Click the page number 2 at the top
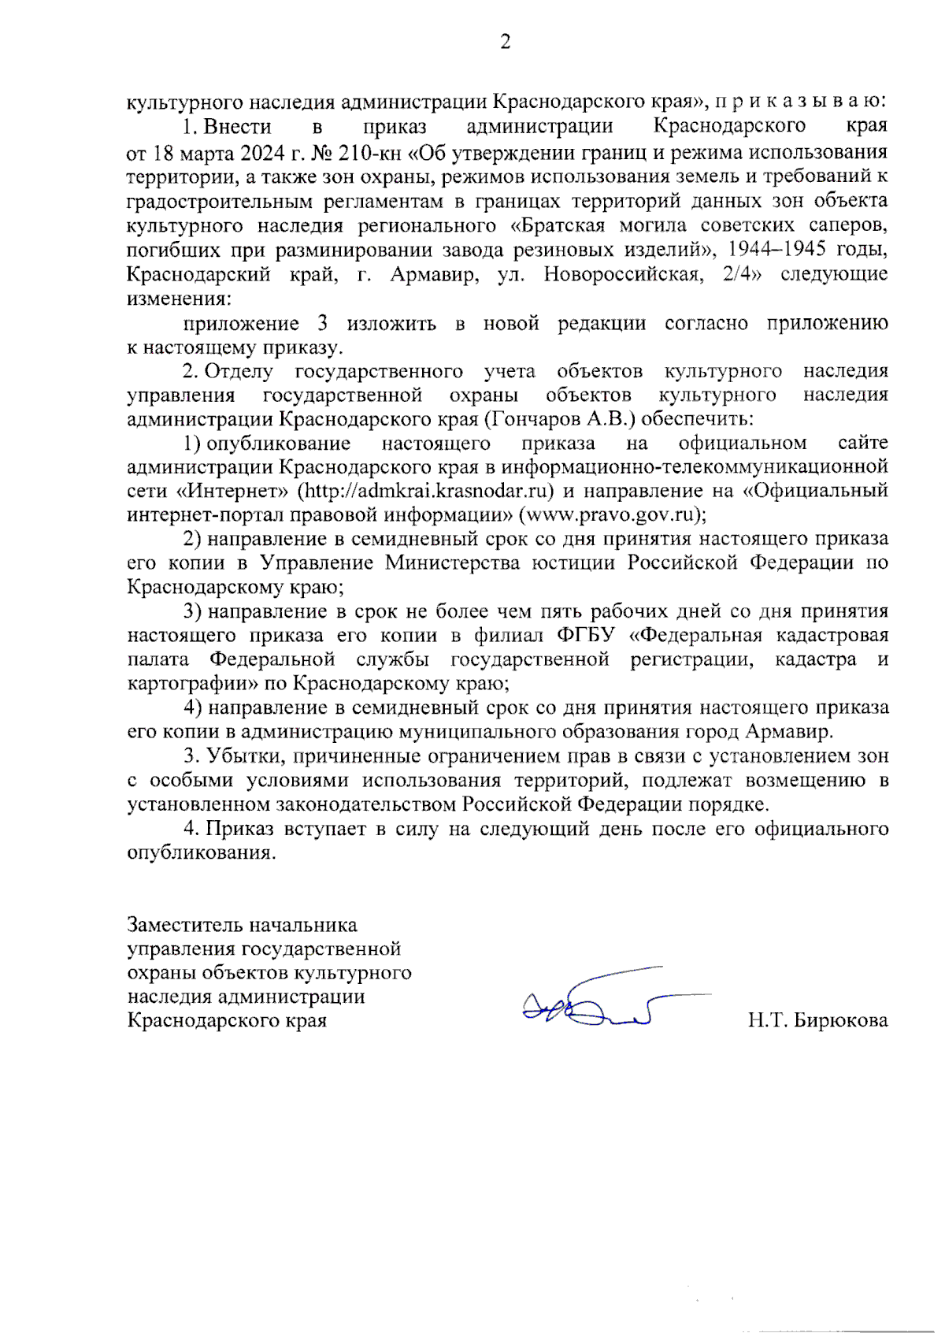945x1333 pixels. coord(505,42)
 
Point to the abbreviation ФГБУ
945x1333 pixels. coord(584,635)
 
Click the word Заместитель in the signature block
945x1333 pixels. coord(187,924)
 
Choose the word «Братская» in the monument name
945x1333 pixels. coord(558,225)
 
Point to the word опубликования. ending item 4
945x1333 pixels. coord(202,853)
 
